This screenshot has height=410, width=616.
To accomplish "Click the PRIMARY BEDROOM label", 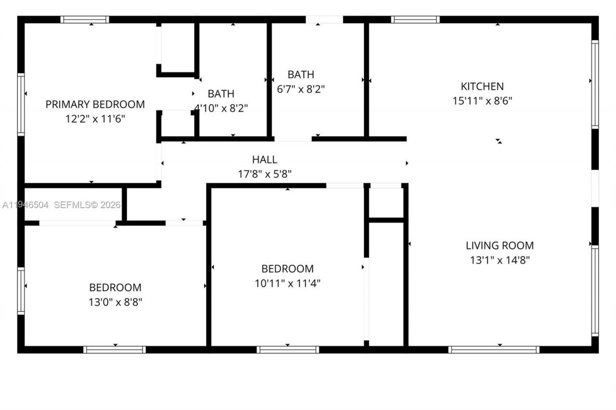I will coord(95,104).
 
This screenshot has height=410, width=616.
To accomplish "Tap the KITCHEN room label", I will coord(482,87).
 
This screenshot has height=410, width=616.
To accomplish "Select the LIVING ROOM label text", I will coord(500,246).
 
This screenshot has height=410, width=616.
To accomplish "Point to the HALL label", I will coord(265,160).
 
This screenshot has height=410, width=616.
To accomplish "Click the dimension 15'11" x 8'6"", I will coord(482,101).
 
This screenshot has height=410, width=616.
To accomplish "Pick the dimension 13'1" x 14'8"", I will coord(500,260).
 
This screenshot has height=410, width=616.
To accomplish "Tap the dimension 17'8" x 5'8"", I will coord(265,174).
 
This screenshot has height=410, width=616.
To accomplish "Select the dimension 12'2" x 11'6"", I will coord(95,119).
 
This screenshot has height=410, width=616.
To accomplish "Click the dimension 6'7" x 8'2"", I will coord(301,89).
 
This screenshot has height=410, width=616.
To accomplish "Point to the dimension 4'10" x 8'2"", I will coord(221,108).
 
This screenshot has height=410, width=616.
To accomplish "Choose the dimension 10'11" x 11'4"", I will coord(287,283).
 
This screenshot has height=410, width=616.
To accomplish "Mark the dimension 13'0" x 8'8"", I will coord(115,302).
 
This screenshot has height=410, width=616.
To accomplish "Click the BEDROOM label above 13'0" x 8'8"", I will coord(115,287).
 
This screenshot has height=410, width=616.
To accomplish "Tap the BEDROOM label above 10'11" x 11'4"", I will coord(287,269).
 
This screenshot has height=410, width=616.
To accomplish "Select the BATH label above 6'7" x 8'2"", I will coord(301,75).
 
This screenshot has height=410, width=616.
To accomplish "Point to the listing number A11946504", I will coord(26,205).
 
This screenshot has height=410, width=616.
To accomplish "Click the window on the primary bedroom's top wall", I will coord(85,20).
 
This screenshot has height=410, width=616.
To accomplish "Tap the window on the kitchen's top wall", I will coord(415,20).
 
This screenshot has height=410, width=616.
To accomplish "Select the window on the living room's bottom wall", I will coord(493,349).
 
